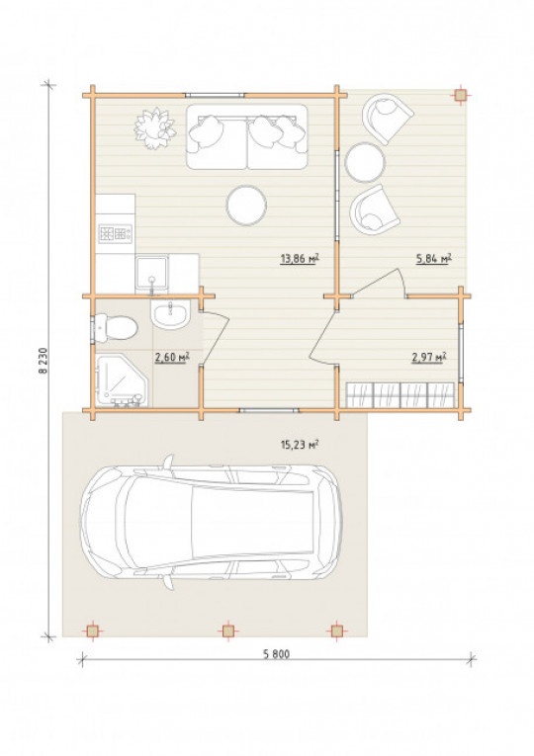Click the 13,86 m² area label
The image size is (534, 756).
click(300, 259)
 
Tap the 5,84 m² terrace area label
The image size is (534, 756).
click(434, 259)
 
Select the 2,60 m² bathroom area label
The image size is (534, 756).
click(172, 358)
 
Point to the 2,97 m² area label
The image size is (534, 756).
click(428, 358)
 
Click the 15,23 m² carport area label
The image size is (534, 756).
click(300, 444)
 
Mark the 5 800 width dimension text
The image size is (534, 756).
click(277, 654)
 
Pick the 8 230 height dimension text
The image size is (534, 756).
click(44, 361)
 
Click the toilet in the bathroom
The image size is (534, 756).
click(116, 328)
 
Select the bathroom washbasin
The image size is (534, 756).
click(170, 314)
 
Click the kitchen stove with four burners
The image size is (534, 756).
click(116, 234)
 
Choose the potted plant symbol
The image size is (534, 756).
click(154, 128)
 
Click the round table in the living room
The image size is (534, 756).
click(246, 206)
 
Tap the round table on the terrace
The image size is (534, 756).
click(365, 162)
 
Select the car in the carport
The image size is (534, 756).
click(212, 522)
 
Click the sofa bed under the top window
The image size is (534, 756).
click(247, 137)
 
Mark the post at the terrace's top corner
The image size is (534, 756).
click(461, 96)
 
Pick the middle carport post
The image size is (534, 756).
click(227, 630)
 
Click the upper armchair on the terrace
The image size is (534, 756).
click(388, 119)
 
